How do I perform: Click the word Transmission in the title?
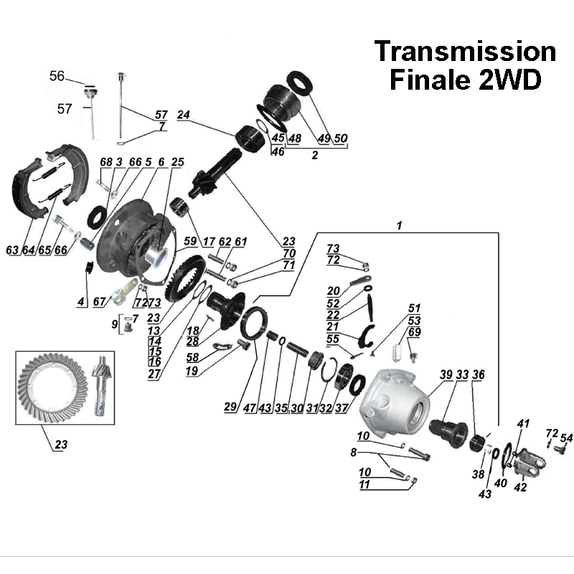pos(465,52)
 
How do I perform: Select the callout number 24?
pos(183,115)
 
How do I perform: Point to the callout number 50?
pos(341,138)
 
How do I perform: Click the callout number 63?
pos(12,250)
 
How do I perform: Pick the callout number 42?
pos(520,487)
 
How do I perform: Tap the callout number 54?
pos(566,438)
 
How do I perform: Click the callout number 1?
pos(399,225)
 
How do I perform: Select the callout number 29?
pos(230,407)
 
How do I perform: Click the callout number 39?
pos(446,375)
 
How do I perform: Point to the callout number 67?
pos(99,302)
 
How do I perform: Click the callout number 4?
pos(83,302)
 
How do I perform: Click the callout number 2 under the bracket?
pos(314,154)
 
